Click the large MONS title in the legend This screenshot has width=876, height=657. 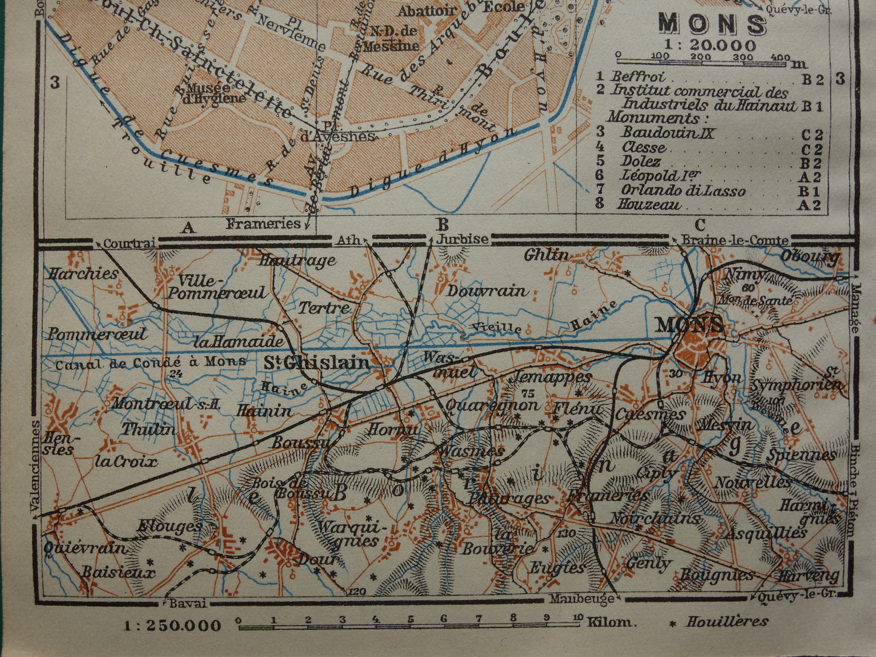pos(712,24)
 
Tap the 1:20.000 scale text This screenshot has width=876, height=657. pos(710,45)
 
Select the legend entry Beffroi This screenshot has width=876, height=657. pos(638,76)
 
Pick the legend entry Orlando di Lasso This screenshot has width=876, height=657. pos(683,190)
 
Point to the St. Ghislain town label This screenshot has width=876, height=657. pos(316,362)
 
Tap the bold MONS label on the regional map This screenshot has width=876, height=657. pos(689,325)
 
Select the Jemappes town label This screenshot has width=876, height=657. pos(551,377)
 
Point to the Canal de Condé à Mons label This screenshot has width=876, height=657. pos(150,362)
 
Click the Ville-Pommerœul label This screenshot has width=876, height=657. pos(217,286)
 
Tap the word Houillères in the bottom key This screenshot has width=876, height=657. pos(727,621)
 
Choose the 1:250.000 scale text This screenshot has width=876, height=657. pos(173,625)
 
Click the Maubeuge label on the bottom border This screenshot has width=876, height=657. pos(582,599)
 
